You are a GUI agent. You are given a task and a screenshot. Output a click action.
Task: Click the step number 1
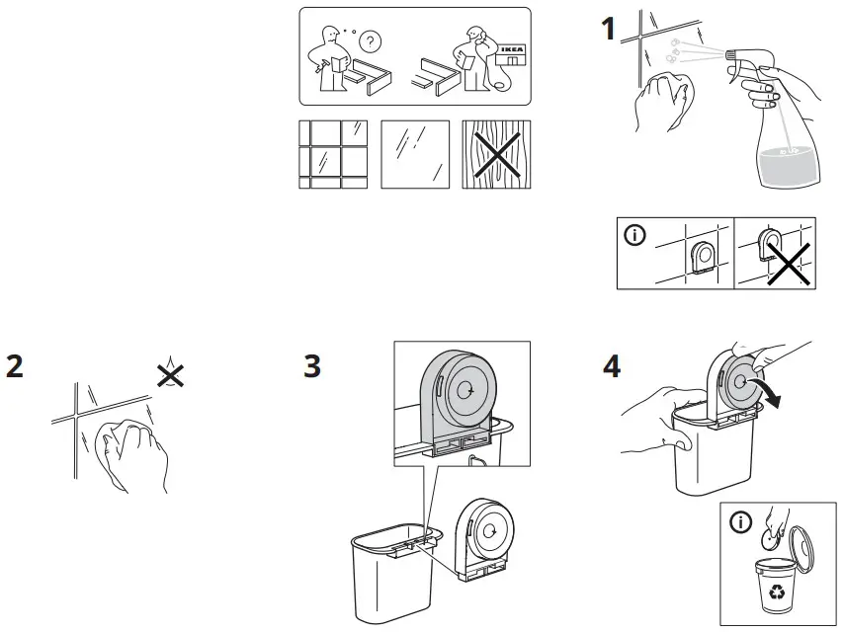(x=610, y=29)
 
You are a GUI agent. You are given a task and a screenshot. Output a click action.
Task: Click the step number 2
(x=14, y=364)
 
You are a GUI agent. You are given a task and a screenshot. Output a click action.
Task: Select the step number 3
(x=312, y=365)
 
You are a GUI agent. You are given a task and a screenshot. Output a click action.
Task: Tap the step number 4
(x=612, y=365)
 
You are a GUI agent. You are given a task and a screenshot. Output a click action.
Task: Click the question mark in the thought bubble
(x=371, y=41)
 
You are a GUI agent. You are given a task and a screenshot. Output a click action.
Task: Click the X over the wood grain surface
(x=496, y=153)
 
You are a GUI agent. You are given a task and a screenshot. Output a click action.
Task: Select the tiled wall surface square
(x=332, y=153)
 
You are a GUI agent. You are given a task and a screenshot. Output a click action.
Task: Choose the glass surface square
(x=414, y=153)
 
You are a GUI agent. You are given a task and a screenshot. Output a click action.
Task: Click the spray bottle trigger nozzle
(x=736, y=53)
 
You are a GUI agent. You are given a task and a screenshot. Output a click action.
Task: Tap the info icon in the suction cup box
(x=634, y=235)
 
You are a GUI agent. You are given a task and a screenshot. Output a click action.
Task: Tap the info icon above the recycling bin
(x=740, y=523)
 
